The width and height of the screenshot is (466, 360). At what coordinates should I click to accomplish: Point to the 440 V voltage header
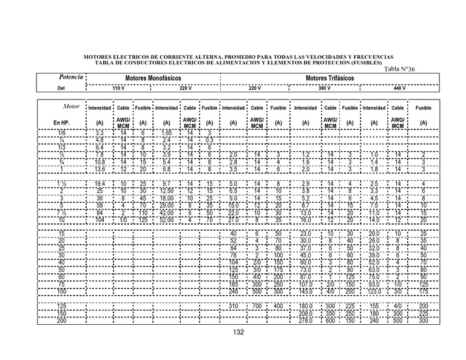[x=399, y=89]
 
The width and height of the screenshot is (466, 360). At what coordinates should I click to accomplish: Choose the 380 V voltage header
[x=325, y=89]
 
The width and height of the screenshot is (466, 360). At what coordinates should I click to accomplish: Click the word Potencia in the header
[x=70, y=78]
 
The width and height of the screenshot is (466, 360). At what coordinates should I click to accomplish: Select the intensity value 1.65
[x=166, y=132]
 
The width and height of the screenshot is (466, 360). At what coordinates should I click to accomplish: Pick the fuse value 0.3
[x=209, y=140]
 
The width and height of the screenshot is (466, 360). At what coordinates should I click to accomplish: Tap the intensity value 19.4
[x=100, y=183]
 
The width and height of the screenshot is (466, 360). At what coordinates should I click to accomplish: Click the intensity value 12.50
[x=167, y=191]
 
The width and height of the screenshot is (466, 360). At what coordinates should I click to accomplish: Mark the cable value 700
[x=257, y=305]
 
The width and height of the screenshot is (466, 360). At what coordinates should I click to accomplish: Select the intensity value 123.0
[x=374, y=291]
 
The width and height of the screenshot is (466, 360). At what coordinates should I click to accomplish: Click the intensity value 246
[x=233, y=291]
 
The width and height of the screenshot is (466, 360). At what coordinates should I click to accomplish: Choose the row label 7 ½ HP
[x=61, y=212]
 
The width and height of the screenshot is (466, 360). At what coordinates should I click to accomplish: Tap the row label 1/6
[x=61, y=132]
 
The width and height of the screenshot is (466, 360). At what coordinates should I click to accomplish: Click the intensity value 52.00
[x=167, y=220]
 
